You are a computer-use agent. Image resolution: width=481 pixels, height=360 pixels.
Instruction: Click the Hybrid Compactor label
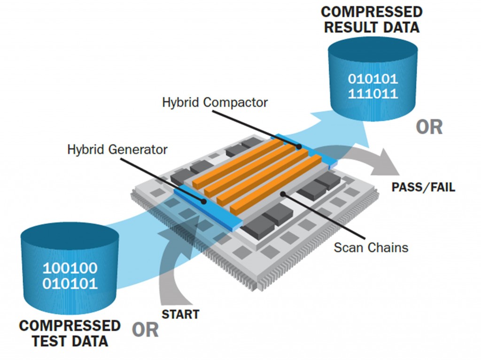click(x=215, y=102)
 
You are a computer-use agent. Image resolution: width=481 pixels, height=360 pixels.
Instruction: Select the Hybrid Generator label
click(x=117, y=150)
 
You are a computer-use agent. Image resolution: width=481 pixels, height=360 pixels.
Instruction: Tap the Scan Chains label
click(x=371, y=247)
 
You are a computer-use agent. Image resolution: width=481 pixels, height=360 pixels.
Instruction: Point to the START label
click(x=180, y=314)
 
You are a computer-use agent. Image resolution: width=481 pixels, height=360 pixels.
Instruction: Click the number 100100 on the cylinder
click(x=70, y=268)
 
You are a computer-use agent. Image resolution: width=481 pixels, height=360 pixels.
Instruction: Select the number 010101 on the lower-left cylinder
click(x=70, y=283)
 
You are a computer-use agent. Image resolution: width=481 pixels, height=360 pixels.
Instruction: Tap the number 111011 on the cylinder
click(x=373, y=93)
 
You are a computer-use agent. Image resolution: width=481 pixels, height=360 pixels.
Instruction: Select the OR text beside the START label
click(x=145, y=330)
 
